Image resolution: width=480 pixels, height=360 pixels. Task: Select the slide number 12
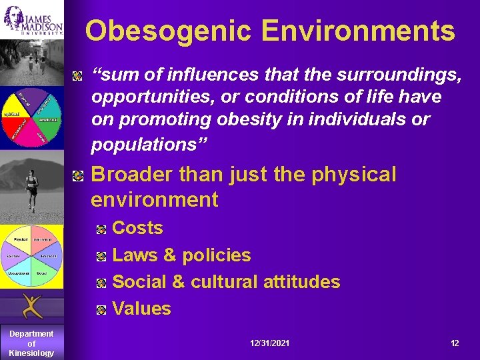pos(455,343)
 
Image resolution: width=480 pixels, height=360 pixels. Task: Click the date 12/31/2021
pos(269,343)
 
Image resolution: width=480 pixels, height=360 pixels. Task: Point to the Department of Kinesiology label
pos(31,343)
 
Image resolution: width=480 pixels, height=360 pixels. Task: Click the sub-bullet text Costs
pos(137,228)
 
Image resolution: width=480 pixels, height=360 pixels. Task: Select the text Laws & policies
pos(181,255)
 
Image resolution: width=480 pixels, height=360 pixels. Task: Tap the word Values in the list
pos(141,309)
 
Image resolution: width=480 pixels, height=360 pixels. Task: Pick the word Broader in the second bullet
pos(131,175)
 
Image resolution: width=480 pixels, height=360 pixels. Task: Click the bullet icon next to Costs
pos(101,229)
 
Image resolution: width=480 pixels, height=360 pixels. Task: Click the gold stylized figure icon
pos(31,306)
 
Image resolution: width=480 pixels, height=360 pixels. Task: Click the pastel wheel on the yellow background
pos(31,256)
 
